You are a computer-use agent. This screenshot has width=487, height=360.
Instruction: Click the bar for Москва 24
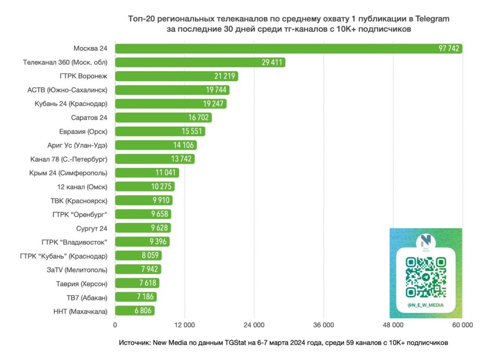(287, 49)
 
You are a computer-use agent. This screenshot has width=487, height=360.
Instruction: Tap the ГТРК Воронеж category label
(87, 76)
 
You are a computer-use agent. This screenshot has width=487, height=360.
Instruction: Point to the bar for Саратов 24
(163, 117)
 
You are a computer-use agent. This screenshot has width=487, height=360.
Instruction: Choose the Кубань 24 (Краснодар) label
(71, 104)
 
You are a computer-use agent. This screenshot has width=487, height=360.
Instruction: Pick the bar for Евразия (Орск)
(160, 132)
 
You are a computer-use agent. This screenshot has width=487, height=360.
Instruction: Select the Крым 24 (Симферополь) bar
(147, 172)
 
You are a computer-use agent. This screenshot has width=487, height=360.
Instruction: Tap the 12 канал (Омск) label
(82, 187)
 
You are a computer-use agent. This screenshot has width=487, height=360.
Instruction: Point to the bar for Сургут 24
(143, 228)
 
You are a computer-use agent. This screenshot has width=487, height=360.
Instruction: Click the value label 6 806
(142, 311)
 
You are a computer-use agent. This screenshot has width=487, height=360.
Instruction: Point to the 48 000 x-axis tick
(393, 325)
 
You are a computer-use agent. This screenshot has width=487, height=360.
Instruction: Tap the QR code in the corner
(426, 277)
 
